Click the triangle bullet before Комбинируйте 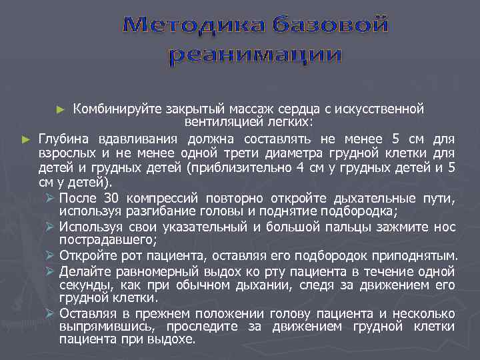click(x=62, y=109)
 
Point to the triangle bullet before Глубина click(x=26, y=139)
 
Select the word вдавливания click(x=141, y=139)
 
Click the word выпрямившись click(x=99, y=327)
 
